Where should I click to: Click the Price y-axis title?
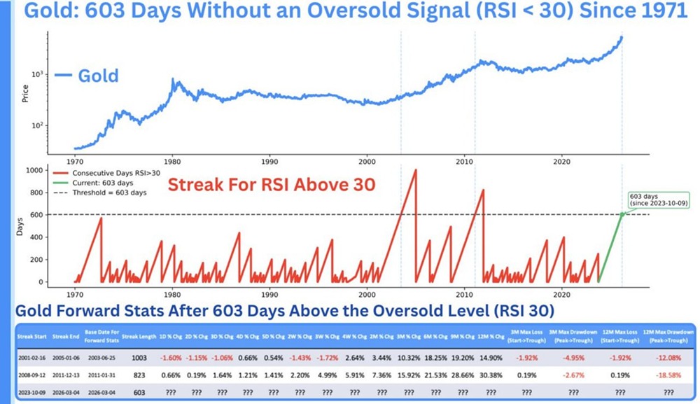tap(25, 93)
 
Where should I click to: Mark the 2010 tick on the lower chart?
tap(464, 293)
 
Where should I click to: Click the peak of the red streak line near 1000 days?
tap(416, 170)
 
